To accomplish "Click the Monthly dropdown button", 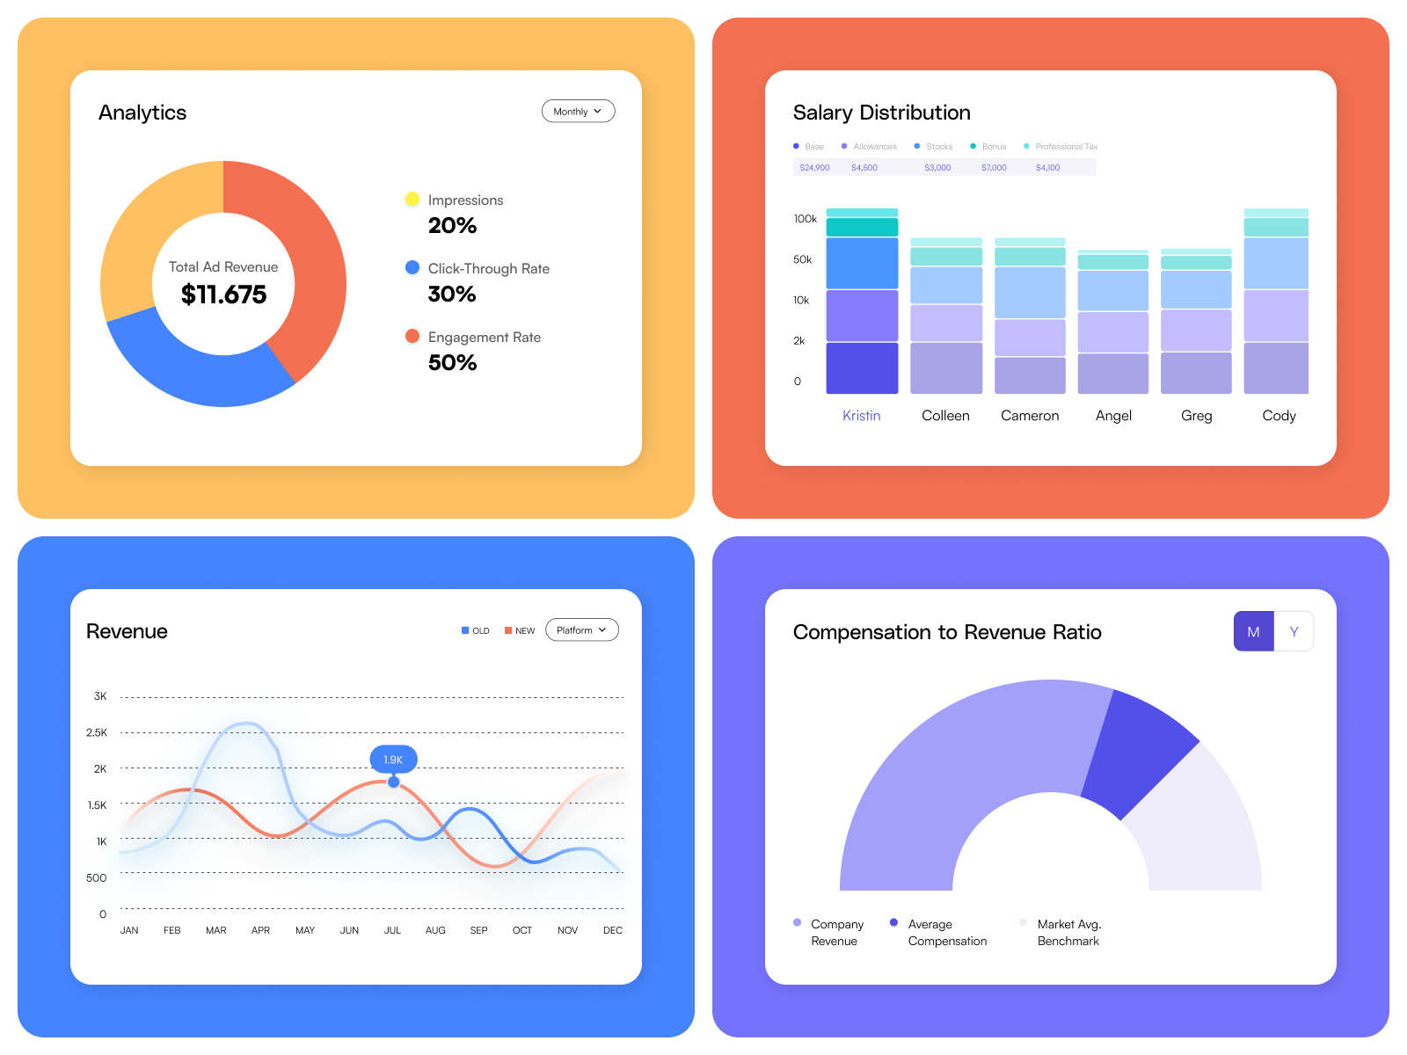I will pos(578,112).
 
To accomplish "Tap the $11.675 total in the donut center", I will pos(223,295).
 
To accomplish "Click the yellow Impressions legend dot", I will pos(412,200).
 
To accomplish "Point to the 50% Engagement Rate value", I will pos(452,362).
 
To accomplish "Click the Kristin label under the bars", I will pos(861,416).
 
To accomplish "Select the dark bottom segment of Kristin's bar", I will pos(862,368).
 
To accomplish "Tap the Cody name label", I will pos(1279,416).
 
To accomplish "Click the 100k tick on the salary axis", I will pos(805,219).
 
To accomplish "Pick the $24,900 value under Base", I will pos(814,168).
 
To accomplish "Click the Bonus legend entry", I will pos(993,147).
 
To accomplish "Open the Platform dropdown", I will pos(581,630).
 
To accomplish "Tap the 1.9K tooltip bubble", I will pos(393,760).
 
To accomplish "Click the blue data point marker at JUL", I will pos(394,782).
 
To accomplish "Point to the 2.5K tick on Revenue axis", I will pos(97,732).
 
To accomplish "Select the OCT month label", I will pos(521,930).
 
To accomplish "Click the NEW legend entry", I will pos(521,630).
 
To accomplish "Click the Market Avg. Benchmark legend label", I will pos(1068,933).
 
